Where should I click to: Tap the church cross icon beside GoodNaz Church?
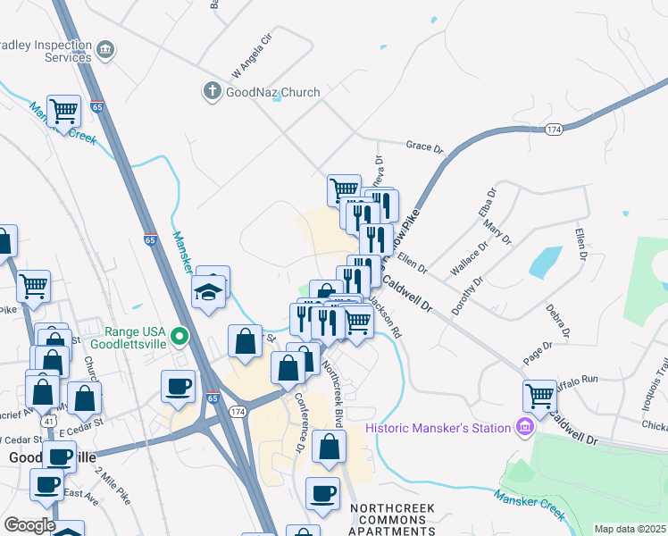212,90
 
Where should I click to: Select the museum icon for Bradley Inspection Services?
105,48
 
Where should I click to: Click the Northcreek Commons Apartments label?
392,519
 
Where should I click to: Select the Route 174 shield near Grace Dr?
555,130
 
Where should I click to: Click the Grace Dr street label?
424,146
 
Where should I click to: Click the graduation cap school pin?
209,291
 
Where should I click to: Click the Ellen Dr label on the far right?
581,239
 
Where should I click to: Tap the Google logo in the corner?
29,525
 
